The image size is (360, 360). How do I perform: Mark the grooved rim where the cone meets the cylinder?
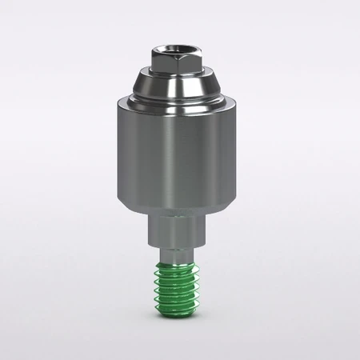(x=179, y=101)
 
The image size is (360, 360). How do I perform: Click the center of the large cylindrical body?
(x=179, y=152)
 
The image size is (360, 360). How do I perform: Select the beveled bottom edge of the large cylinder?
(x=179, y=206)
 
